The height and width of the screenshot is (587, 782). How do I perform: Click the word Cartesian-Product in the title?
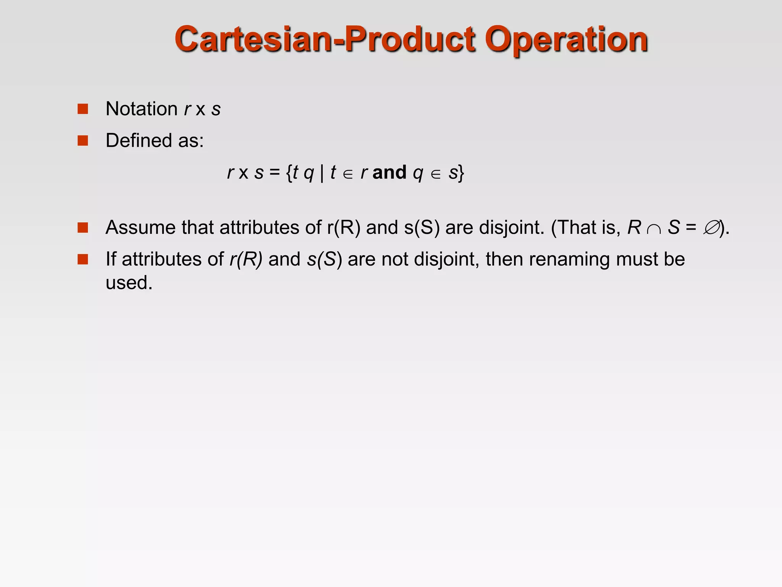pyautogui.click(x=325, y=40)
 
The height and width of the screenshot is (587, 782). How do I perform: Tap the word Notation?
pyautogui.click(x=141, y=109)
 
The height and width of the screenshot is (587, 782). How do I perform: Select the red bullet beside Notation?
pyautogui.click(x=83, y=109)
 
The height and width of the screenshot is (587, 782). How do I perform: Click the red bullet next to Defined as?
pyautogui.click(x=83, y=141)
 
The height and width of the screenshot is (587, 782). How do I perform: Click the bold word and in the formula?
pyautogui.click(x=389, y=172)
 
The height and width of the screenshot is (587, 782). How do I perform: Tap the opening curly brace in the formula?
pyautogui.click(x=289, y=173)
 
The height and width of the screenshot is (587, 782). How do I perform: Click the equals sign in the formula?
pyautogui.click(x=275, y=172)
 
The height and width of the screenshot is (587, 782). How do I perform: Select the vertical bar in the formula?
pyautogui.click(x=322, y=173)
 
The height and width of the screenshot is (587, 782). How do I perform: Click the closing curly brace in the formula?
pyautogui.click(x=461, y=173)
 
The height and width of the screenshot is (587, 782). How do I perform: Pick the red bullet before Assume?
pyautogui.click(x=83, y=228)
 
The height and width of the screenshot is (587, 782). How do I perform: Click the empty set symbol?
pyautogui.click(x=711, y=228)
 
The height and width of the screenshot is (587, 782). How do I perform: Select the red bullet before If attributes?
pyautogui.click(x=83, y=259)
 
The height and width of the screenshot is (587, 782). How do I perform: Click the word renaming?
pyautogui.click(x=569, y=259)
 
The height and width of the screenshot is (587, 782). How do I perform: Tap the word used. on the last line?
pyautogui.click(x=129, y=283)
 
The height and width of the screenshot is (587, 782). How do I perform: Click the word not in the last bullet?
pyautogui.click(x=395, y=259)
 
